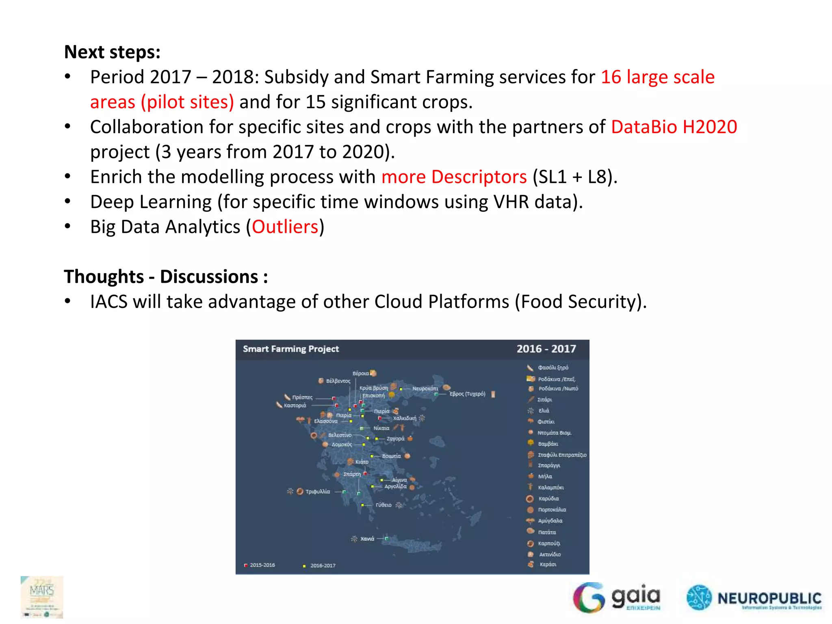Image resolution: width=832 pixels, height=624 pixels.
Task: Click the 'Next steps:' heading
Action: click(x=112, y=52)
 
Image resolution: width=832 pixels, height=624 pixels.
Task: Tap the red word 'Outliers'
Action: click(x=285, y=227)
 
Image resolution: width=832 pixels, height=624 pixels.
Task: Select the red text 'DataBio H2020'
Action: click(x=674, y=127)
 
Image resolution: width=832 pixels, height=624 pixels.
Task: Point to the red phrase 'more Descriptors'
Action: click(x=454, y=177)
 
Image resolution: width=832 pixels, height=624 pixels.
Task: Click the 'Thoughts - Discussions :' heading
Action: click(x=166, y=277)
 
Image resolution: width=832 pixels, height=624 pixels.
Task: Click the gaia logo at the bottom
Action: click(x=617, y=598)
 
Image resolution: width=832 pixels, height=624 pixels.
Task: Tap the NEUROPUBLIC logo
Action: click(x=754, y=598)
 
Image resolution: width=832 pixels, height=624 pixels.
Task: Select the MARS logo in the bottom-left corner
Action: click(x=42, y=597)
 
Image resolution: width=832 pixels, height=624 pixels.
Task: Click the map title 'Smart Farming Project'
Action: click(x=290, y=349)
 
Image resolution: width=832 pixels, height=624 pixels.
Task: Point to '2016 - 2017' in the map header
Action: click(x=546, y=349)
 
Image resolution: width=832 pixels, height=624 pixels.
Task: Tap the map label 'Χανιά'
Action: click(x=367, y=539)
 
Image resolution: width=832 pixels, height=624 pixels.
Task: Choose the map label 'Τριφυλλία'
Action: click(x=318, y=492)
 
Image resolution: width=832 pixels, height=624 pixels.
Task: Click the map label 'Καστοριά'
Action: click(x=295, y=405)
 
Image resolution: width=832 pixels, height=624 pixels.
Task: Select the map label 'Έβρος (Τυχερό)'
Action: click(x=467, y=394)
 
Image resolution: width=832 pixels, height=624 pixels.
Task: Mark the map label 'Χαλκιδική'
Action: click(x=405, y=418)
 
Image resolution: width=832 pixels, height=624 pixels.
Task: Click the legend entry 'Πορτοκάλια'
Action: click(x=552, y=510)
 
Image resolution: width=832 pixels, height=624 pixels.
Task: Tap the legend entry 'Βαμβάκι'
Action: click(x=548, y=444)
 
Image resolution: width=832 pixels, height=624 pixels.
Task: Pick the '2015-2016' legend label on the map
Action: click(x=262, y=565)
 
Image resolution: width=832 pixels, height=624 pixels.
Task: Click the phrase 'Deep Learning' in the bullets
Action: click(x=151, y=202)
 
